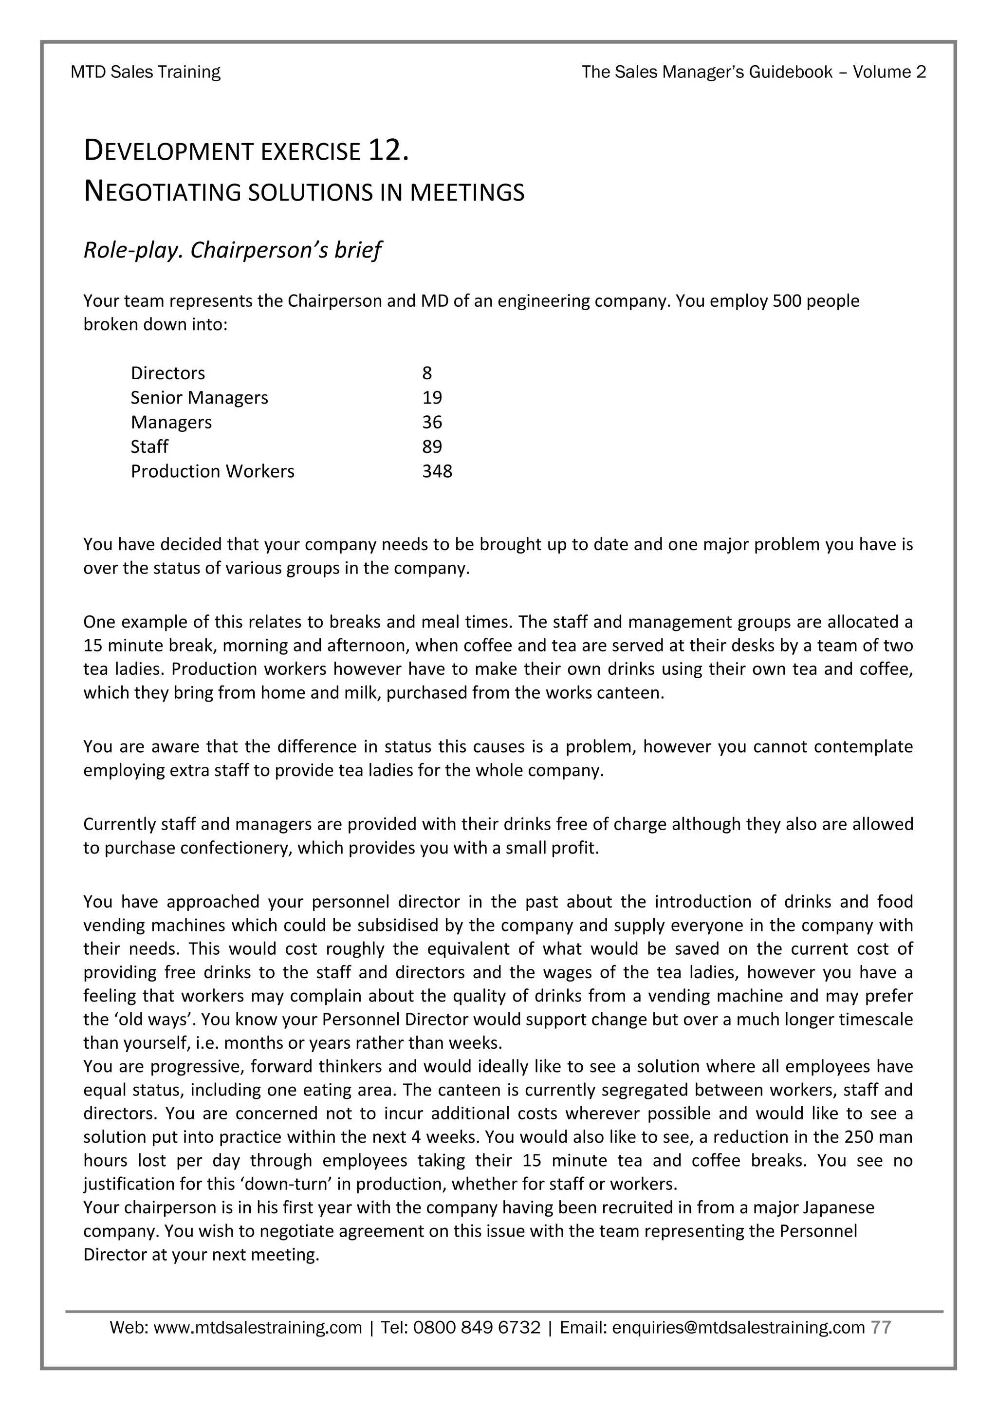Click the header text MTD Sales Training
146,73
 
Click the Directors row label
167,373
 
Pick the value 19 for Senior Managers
432,397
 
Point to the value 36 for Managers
432,422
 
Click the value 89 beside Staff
432,446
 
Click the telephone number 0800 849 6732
477,1328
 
